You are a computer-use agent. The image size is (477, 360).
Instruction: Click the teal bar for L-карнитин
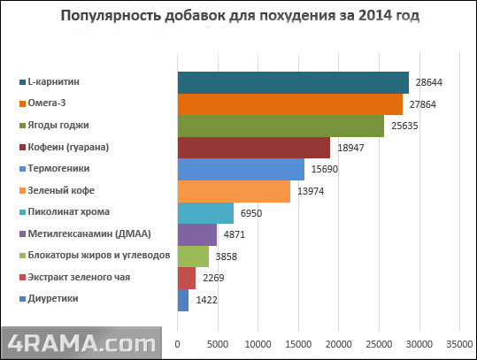coord(292,82)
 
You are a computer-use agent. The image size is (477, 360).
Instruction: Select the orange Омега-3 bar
coord(289,104)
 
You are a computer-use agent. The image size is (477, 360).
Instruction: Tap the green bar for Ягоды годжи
coord(281,126)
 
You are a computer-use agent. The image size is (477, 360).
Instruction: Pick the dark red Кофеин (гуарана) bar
coord(253,148)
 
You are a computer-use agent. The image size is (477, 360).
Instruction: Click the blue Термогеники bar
coord(241,169)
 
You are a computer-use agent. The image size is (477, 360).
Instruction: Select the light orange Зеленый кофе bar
coord(234,191)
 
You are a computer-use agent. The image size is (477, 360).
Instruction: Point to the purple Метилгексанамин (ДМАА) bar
coord(196,234)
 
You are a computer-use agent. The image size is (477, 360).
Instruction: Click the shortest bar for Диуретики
coord(183,300)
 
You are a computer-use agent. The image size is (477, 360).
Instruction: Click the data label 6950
coord(251,213)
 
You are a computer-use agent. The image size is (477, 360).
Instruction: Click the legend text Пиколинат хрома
coord(69,212)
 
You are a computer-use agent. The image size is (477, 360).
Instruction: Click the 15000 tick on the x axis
coord(298,343)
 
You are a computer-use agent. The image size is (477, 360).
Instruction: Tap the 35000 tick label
coord(459,343)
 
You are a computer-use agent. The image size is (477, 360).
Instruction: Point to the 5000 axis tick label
coord(218,343)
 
